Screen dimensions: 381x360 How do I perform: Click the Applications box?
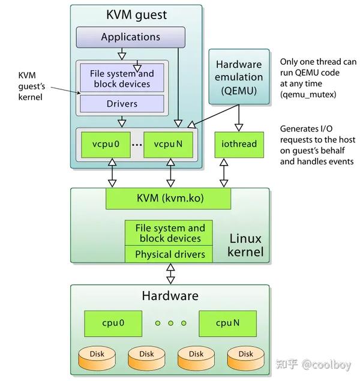point(131,37)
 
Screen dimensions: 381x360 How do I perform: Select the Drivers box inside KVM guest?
point(122,104)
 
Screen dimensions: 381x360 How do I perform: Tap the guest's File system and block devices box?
point(122,79)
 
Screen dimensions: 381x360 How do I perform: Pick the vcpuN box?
point(169,144)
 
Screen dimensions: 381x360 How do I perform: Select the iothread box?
point(239,144)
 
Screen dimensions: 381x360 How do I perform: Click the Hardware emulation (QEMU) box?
point(239,76)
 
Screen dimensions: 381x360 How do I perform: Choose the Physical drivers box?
point(170,254)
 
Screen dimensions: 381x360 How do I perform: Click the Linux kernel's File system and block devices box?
point(170,233)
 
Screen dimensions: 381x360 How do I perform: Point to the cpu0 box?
point(113,323)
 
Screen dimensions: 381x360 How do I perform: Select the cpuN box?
point(228,323)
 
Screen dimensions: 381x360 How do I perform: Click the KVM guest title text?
point(136,15)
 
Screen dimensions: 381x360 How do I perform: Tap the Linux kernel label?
point(245,245)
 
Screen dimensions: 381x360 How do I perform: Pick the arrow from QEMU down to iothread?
point(239,118)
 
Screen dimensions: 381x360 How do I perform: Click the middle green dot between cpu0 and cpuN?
point(170,323)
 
